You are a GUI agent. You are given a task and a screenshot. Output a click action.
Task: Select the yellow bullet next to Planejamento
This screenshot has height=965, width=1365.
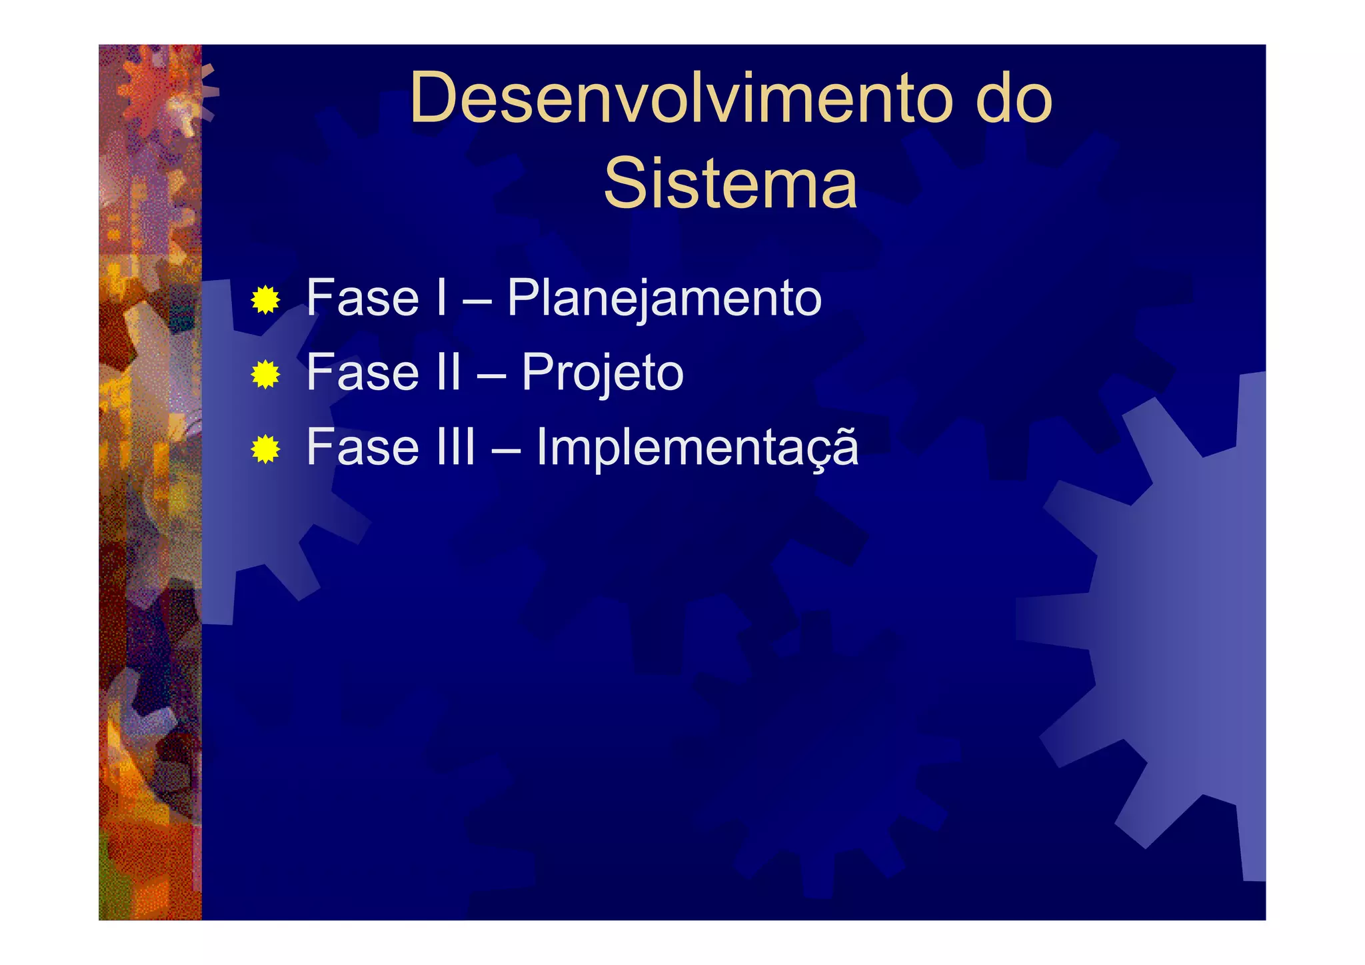[265, 300]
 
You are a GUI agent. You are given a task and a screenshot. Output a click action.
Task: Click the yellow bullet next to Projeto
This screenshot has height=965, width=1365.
[265, 375]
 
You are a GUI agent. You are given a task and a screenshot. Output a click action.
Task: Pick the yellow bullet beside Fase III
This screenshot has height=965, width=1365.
[265, 449]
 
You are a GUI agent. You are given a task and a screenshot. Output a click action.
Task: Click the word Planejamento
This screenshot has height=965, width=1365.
[664, 299]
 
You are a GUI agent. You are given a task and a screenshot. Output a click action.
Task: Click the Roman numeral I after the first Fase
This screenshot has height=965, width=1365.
[441, 298]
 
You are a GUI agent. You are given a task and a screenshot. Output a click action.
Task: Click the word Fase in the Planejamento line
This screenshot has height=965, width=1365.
[363, 298]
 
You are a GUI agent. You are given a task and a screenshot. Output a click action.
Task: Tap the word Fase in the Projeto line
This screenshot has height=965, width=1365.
[363, 372]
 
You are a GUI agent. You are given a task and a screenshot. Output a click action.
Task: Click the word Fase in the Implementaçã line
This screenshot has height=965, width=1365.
[363, 447]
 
